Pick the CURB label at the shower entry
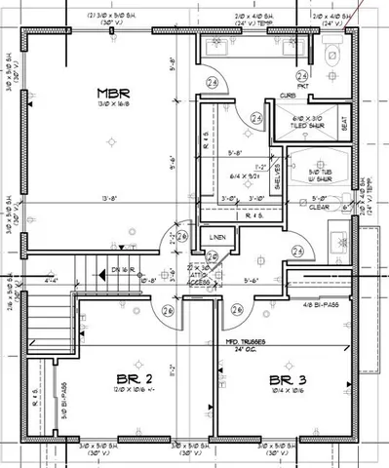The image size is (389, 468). (x=287, y=96)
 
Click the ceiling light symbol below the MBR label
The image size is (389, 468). (x=114, y=140)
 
